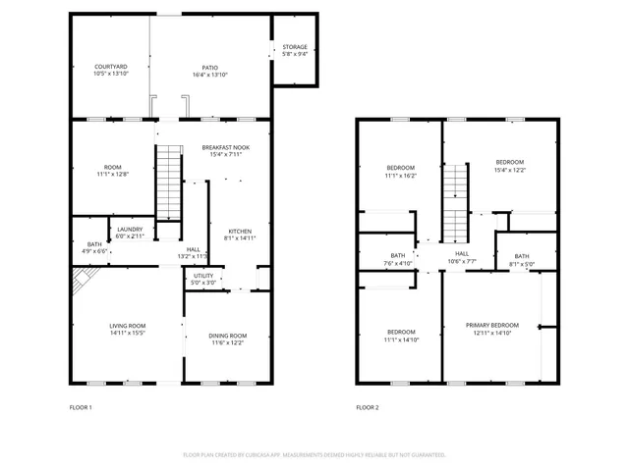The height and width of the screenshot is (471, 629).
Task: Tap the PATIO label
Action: click(210, 67)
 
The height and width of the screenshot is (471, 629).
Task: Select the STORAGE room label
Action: click(295, 47)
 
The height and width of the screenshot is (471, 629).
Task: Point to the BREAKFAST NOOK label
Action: click(226, 147)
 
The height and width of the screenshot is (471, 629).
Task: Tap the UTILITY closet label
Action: click(203, 277)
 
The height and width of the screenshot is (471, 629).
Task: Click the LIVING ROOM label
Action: click(128, 326)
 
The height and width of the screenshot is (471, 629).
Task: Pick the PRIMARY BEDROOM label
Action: click(491, 325)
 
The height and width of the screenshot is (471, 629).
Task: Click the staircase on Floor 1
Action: click(170, 182)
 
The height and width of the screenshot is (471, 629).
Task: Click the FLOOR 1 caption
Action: click(81, 407)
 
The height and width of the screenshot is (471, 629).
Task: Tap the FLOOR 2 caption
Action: click(367, 407)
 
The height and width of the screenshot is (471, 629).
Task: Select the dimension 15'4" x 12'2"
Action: click(509, 170)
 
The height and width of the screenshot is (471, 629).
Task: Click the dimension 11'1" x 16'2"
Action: click(400, 176)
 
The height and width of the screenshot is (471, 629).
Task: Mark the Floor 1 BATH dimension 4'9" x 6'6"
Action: click(94, 251)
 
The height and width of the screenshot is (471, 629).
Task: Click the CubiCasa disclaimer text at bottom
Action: click(314, 455)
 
